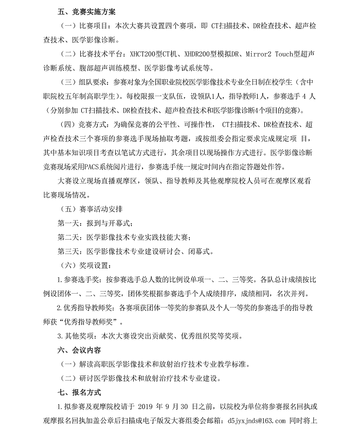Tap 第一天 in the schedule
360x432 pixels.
(67, 223)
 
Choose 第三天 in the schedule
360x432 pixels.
(67, 251)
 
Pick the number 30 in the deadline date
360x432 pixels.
(195, 407)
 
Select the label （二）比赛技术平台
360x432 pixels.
(85, 53)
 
